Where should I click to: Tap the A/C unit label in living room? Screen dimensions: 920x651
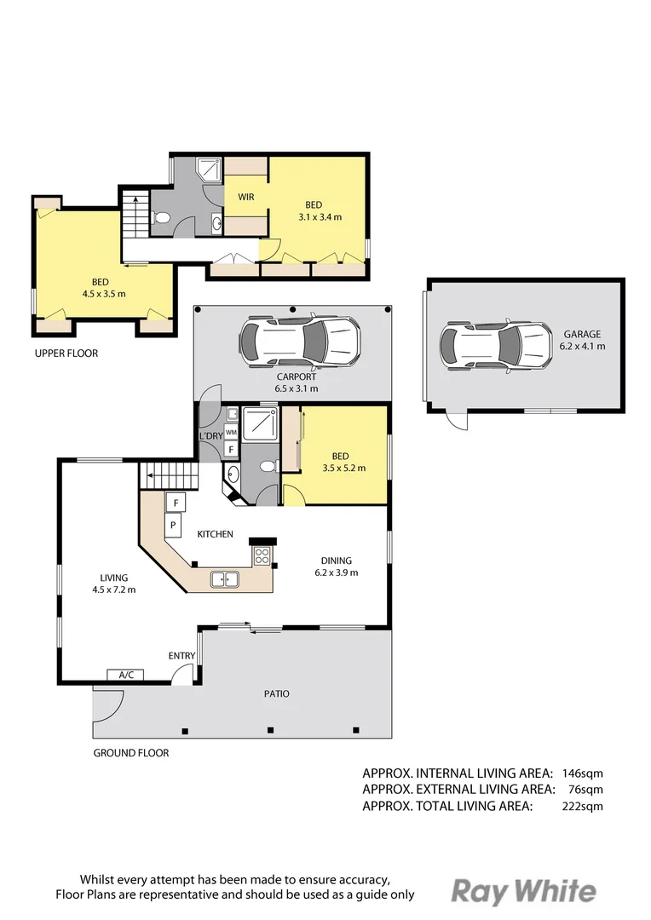pos(125,675)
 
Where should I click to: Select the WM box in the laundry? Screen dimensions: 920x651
pos(231,433)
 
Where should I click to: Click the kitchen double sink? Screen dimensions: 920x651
pos(225,580)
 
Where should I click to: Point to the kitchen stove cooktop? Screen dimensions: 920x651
pos(262,556)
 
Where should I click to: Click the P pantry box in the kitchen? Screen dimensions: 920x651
pos(172,526)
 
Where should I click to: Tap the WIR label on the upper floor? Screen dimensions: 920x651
pos(246,197)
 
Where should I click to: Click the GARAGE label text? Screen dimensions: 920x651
pos(582,335)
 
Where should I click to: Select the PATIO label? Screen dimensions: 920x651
pos(276,693)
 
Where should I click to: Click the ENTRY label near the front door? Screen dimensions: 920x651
pos(181,655)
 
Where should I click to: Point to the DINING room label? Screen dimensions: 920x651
pos(336,561)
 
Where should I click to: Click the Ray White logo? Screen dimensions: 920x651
pos(523,891)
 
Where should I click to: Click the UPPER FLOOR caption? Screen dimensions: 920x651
pos(66,353)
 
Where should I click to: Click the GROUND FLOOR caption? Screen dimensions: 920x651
pos(130,753)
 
